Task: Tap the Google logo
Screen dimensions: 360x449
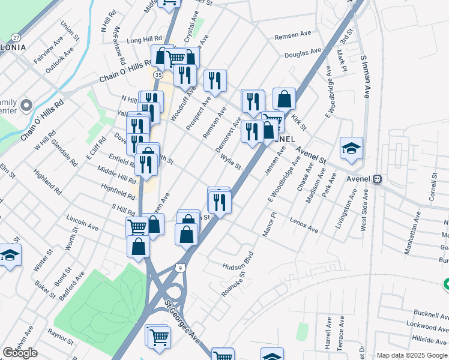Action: tap(20, 353)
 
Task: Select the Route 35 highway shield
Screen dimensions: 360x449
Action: tap(157, 75)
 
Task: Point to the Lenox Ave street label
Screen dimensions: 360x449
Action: tap(304, 225)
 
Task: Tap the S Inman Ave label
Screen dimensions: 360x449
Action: tap(365, 77)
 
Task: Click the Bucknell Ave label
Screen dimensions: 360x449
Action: tap(431, 314)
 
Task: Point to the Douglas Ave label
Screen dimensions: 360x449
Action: tap(303, 53)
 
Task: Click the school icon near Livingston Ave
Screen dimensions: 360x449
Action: tap(351, 148)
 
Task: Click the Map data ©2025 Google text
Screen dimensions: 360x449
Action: tap(411, 355)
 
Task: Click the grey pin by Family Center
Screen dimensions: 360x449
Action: tap(26, 106)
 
